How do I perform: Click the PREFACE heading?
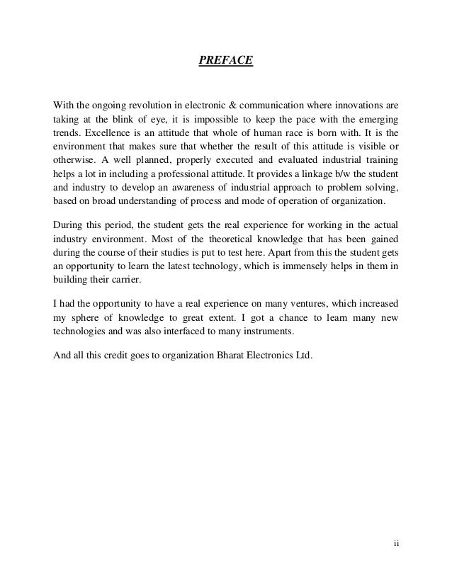click(x=225, y=62)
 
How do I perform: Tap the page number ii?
click(x=395, y=544)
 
